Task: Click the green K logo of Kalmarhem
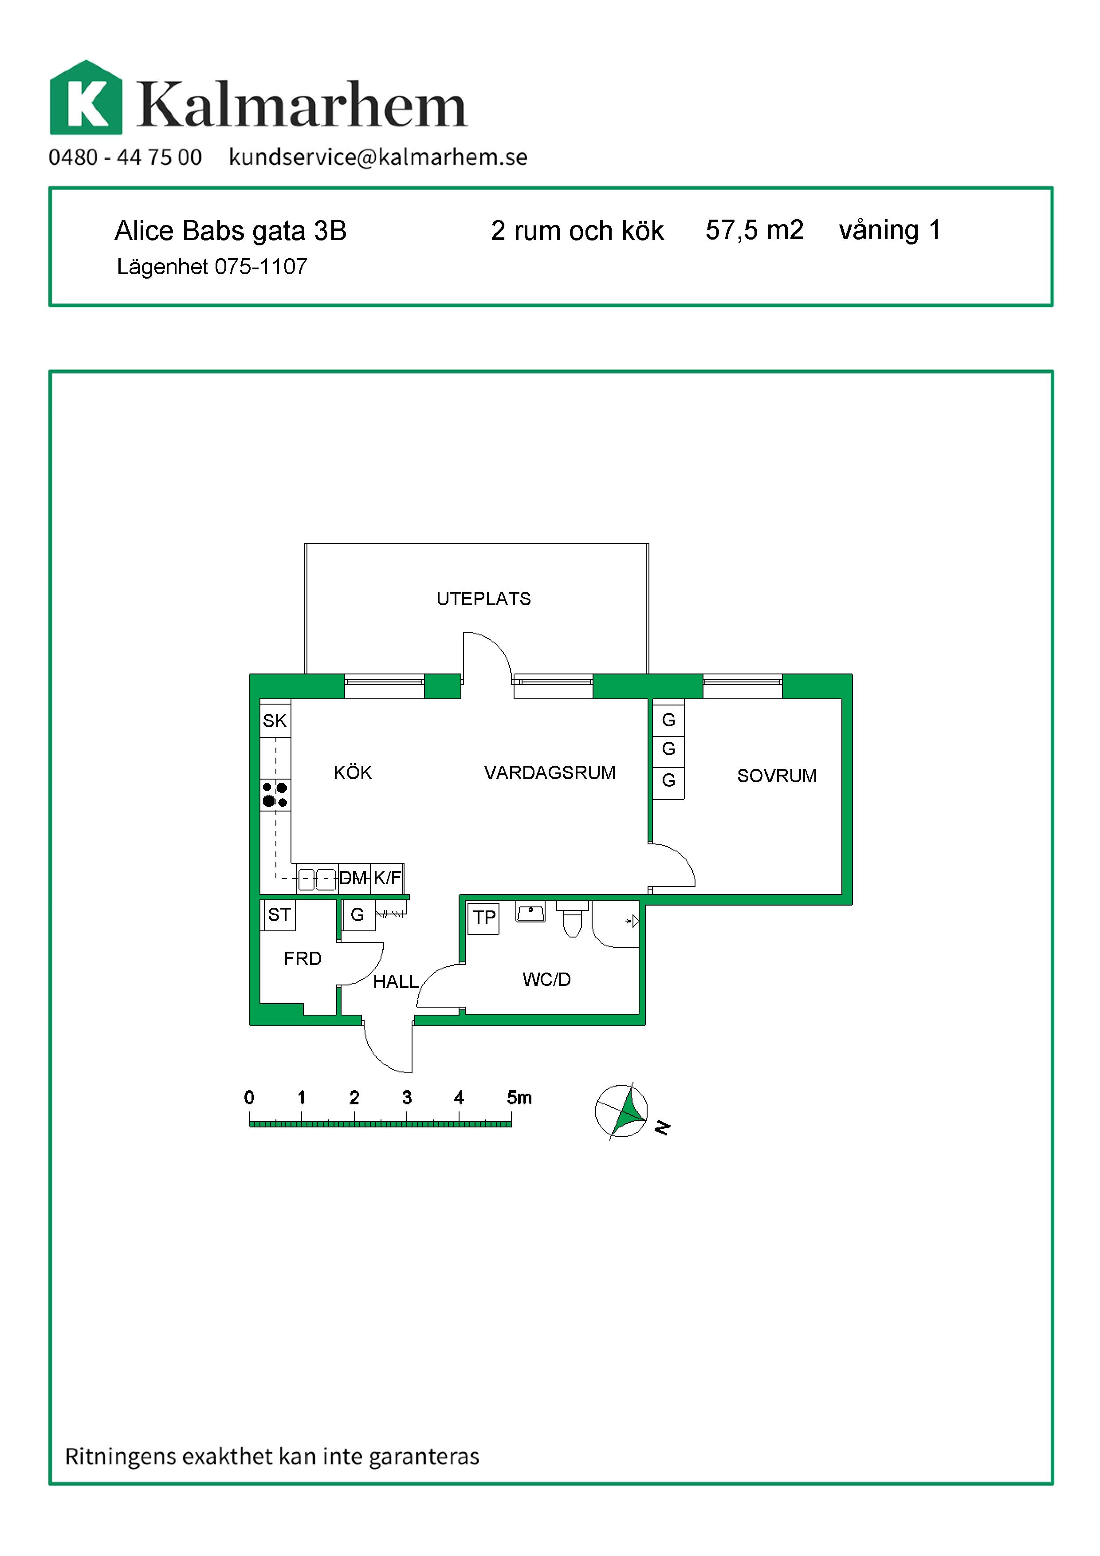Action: [x=86, y=98]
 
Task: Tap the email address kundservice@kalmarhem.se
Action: [x=378, y=157]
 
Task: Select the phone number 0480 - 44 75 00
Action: [x=126, y=157]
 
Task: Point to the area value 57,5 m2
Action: [x=754, y=230]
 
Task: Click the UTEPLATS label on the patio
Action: [x=483, y=599]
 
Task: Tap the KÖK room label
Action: [x=353, y=772]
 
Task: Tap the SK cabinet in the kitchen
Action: [x=275, y=721]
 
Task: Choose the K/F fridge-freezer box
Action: [x=387, y=878]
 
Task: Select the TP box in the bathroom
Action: [x=483, y=918]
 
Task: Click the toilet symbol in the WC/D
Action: [x=572, y=918]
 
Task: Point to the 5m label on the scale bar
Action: [x=519, y=1097]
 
